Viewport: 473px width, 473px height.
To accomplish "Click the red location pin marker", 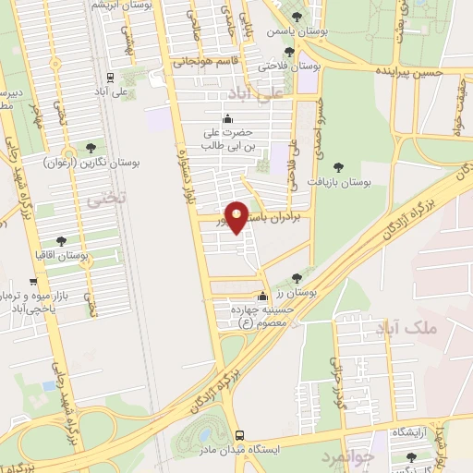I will pyautogui.click(x=237, y=216).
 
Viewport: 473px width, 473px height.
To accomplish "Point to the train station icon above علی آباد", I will pyautogui.click(x=110, y=78).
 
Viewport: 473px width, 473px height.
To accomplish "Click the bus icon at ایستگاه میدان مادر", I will pyautogui.click(x=239, y=435).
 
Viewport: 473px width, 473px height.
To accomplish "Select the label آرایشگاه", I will pyautogui.click(x=409, y=433).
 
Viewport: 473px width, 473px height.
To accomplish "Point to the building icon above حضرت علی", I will pyautogui.click(x=228, y=118).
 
